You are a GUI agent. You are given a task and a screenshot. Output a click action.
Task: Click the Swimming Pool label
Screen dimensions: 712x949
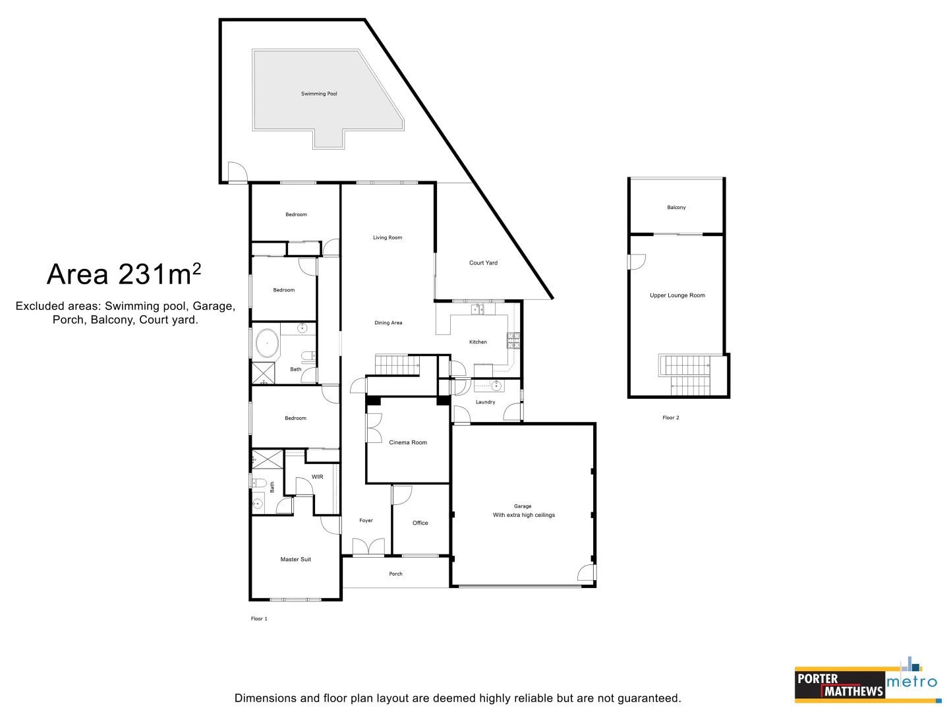point(319,94)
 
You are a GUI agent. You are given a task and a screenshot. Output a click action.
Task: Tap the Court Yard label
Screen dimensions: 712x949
point(483,263)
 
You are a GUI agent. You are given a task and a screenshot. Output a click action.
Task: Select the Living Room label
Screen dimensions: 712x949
point(388,237)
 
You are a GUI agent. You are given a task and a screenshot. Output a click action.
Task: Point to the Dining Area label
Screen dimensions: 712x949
point(388,323)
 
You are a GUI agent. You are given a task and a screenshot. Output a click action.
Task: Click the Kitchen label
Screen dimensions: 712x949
point(478,342)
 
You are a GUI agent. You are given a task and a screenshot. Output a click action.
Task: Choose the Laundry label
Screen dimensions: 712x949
point(485,402)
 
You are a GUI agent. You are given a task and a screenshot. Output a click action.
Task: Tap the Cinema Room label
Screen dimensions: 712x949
point(408,442)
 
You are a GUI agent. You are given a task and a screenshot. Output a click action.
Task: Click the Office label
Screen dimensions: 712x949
point(420,523)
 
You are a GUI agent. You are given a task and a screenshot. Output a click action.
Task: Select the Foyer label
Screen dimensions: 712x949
point(366,521)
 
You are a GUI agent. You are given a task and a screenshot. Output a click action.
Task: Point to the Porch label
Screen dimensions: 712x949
point(395,574)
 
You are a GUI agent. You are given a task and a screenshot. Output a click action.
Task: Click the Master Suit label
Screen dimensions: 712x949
point(295,559)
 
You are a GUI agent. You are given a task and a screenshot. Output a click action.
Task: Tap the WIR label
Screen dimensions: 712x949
point(318,477)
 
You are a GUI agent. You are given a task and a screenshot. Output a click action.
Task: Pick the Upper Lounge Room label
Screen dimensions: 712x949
point(677,295)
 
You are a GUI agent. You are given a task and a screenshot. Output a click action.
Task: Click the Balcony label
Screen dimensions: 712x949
point(676,208)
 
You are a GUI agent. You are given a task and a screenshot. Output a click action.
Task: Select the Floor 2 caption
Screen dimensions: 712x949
point(670,418)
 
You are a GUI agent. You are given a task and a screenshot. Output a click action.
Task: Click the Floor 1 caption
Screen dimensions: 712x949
point(259,619)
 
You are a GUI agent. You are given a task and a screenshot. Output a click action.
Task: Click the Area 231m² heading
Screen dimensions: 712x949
point(124,275)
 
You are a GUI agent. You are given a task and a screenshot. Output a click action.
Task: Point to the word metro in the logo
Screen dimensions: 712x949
point(911,682)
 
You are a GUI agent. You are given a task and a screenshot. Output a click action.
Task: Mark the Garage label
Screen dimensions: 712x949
point(523,506)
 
